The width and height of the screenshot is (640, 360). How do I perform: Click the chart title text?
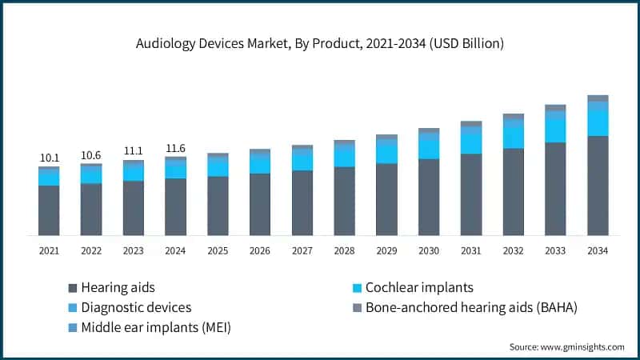click(320, 45)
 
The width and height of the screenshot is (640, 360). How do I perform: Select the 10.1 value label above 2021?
click(49, 158)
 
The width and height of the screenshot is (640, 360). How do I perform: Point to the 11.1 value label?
click(134, 151)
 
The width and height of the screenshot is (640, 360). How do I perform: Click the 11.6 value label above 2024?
click(175, 148)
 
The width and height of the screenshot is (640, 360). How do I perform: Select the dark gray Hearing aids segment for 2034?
click(598, 186)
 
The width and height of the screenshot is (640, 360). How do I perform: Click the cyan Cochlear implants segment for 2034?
click(598, 122)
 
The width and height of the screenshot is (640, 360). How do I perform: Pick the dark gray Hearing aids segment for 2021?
click(49, 210)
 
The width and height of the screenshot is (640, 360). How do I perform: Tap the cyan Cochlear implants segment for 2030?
click(429, 149)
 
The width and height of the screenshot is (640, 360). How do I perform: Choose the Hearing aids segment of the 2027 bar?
click(302, 202)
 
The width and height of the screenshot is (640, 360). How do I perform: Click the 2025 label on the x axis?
click(218, 251)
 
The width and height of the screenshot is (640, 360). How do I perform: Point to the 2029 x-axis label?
click(386, 251)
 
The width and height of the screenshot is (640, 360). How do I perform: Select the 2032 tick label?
click(513, 251)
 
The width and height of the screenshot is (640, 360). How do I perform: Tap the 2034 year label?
click(598, 251)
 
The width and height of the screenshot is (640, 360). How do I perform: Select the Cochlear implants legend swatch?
click(358, 287)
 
